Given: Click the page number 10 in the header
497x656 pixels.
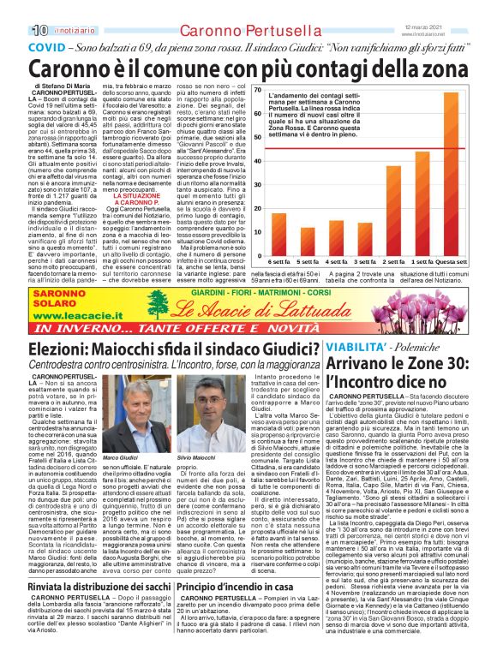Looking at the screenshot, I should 15,8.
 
